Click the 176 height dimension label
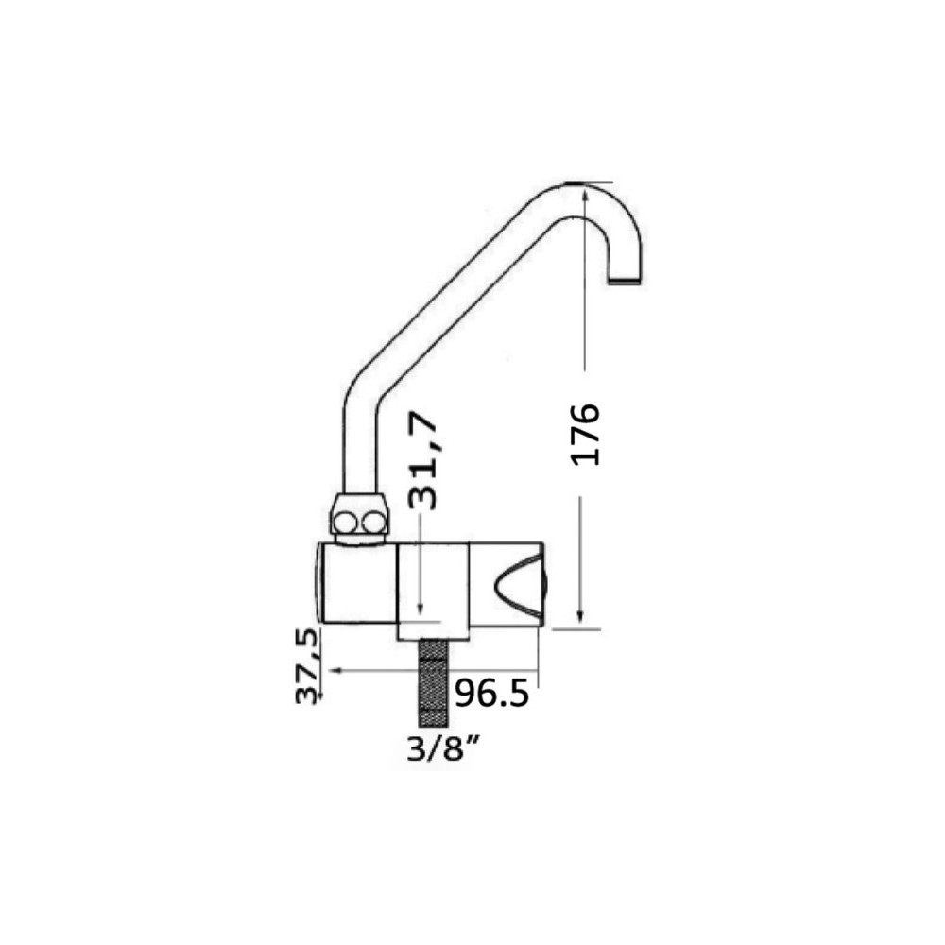click(x=585, y=435)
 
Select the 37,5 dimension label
click(x=307, y=666)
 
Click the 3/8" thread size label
click(x=443, y=749)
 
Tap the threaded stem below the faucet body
click(x=433, y=683)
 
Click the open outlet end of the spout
click(x=625, y=281)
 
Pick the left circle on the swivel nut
click(x=346, y=522)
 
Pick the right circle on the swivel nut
click(x=375, y=522)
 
